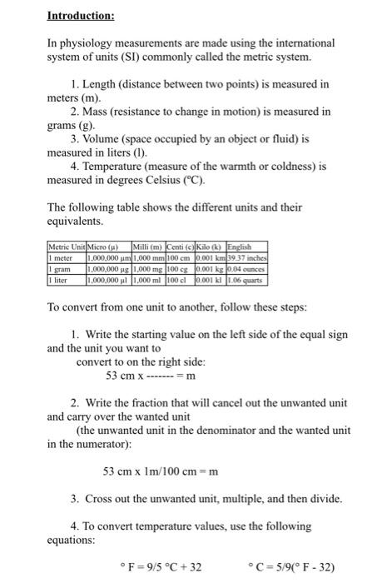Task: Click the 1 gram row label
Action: (x=60, y=261)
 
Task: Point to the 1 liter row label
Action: (x=59, y=270)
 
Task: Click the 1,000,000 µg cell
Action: (x=104, y=261)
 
